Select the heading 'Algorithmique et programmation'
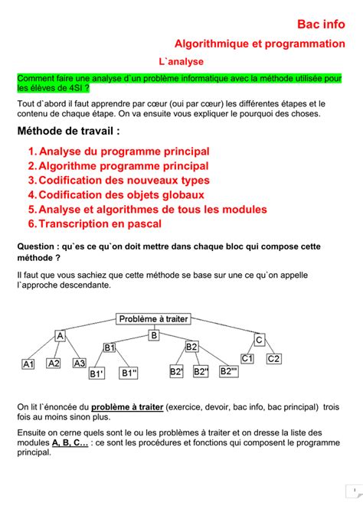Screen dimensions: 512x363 [x=260, y=44]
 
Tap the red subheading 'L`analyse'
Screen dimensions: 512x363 [x=181, y=62]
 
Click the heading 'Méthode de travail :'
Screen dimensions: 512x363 [x=68, y=132]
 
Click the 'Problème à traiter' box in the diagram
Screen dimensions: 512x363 [x=154, y=318]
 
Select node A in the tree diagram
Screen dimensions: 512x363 [x=60, y=336]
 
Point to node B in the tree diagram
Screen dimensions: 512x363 [x=154, y=335]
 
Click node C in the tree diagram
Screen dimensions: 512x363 [x=259, y=340]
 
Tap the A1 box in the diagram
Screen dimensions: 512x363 [x=28, y=365]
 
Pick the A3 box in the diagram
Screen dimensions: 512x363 [x=79, y=364]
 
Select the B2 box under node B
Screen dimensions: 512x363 [x=191, y=347]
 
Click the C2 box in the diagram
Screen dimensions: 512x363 [x=273, y=359]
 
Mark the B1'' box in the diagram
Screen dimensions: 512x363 [x=129, y=373]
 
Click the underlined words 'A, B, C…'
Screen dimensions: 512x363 [x=70, y=443]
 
